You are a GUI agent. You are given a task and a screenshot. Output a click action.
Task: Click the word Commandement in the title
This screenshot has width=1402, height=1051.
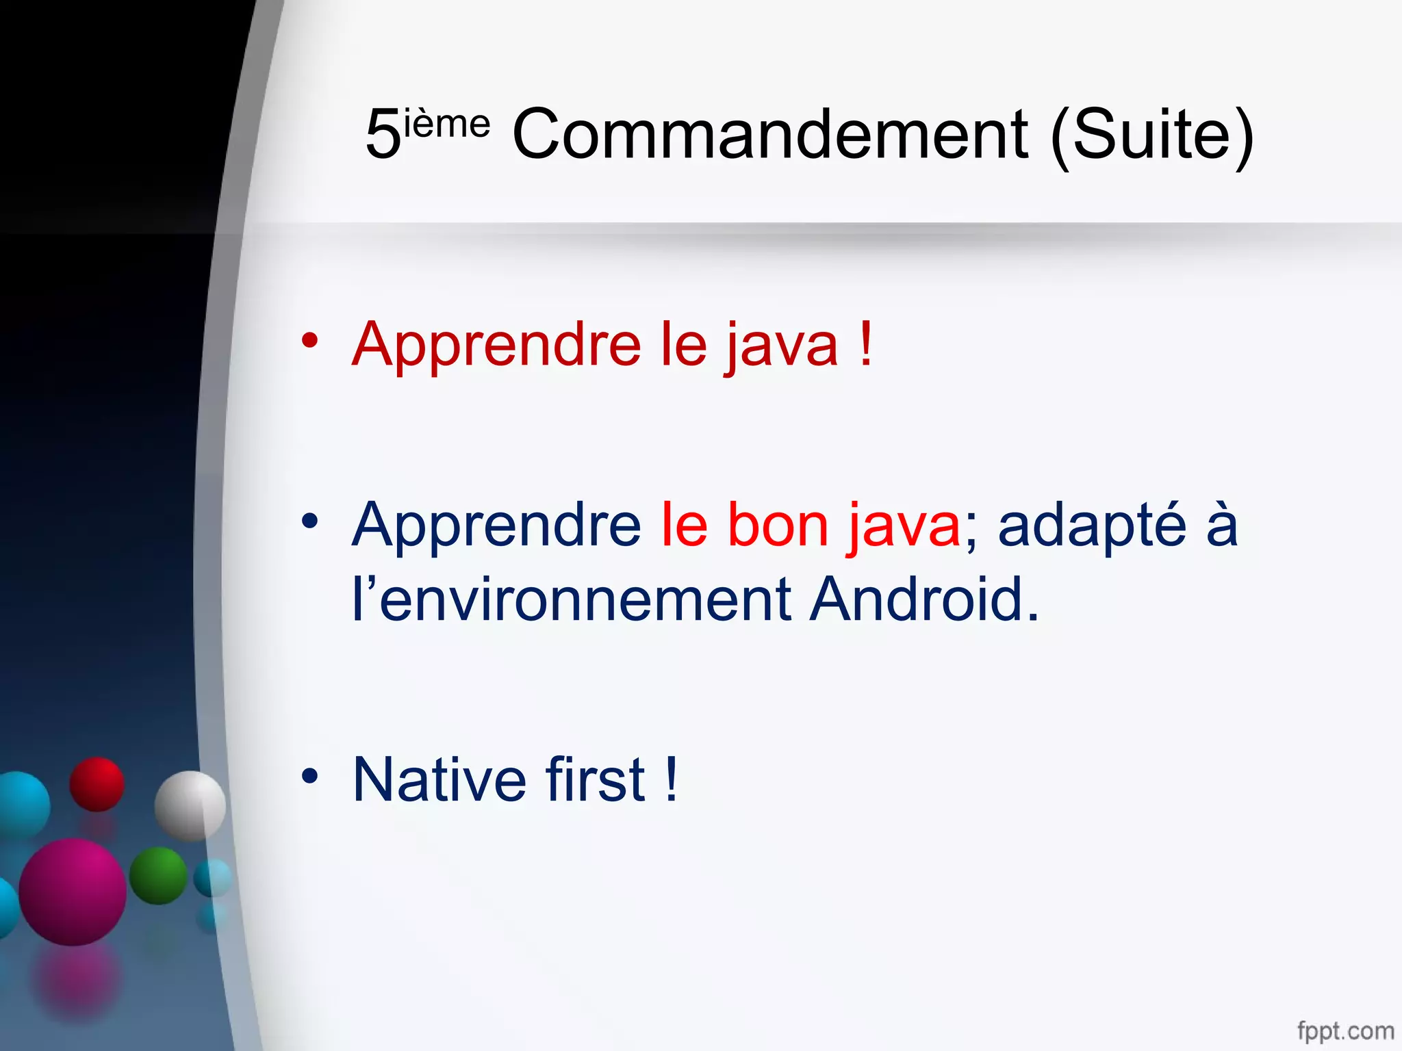click(x=770, y=135)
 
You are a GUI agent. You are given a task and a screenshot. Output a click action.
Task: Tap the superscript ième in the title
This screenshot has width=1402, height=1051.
click(x=447, y=124)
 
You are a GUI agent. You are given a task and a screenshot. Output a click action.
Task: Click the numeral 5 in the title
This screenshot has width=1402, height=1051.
click(x=383, y=135)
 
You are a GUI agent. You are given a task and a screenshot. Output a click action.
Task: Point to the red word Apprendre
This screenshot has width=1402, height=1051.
click(x=496, y=346)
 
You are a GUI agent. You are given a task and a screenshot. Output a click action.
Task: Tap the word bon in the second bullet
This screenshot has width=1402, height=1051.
click(x=777, y=525)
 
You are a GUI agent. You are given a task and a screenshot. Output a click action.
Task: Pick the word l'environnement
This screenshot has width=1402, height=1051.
click(x=572, y=600)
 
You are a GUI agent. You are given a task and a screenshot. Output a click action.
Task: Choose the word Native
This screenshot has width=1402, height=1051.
click(x=439, y=779)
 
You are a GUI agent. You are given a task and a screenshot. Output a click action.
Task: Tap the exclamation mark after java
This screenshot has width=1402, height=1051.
click(x=866, y=343)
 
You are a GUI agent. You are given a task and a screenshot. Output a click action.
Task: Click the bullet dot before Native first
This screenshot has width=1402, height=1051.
click(x=310, y=776)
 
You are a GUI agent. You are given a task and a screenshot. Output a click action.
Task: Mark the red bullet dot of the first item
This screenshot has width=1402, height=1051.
click(x=310, y=340)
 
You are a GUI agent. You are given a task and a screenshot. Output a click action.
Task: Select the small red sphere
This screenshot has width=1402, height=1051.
click(x=97, y=784)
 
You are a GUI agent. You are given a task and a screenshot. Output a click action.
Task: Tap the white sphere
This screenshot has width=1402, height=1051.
click(x=190, y=805)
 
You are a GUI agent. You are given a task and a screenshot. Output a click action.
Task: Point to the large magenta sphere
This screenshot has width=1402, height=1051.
click(x=73, y=892)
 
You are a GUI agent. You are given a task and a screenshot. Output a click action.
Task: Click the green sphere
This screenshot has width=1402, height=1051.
click(x=158, y=876)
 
